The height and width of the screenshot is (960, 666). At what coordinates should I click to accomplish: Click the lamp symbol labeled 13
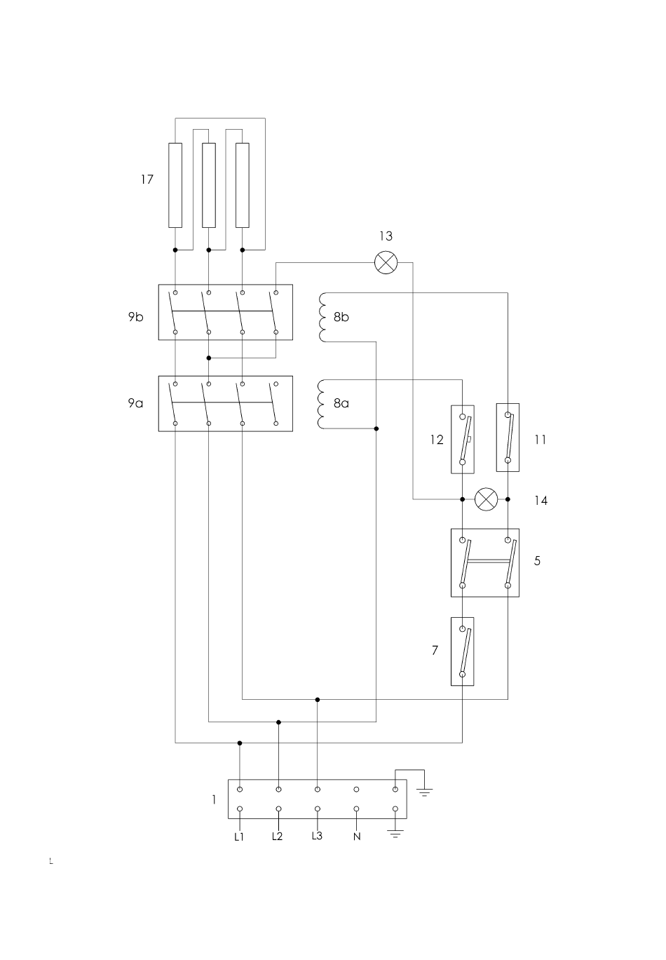coord(386,263)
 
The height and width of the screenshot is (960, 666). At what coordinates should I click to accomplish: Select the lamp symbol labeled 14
coord(486,499)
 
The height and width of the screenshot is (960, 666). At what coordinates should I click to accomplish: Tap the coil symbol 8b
coord(323,317)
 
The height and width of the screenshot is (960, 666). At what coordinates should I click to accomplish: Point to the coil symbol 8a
coord(323,404)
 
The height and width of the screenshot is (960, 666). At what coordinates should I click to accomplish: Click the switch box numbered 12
coord(463,439)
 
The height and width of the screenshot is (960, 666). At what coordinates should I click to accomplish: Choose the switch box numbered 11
coord(508,438)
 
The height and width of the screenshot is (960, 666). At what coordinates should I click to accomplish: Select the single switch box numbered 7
coord(463,651)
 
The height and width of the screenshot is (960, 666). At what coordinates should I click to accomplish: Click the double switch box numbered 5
coord(485,562)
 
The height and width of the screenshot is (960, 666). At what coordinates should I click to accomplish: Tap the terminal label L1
coord(239,837)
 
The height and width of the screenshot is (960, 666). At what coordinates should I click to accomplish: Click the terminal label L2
coord(278,837)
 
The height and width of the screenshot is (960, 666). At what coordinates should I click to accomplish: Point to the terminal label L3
coord(317,836)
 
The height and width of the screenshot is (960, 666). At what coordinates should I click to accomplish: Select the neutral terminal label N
coord(357,837)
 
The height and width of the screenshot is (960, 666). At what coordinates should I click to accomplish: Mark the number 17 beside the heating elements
coord(147,180)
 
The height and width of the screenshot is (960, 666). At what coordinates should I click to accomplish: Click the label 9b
coord(135,316)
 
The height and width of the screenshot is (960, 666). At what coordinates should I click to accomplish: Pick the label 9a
coord(135,403)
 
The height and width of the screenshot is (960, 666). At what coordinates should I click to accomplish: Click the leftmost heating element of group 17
coord(175,185)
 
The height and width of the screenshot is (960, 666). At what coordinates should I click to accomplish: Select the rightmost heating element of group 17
coord(243,185)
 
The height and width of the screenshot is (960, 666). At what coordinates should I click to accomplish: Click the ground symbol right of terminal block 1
coord(424,792)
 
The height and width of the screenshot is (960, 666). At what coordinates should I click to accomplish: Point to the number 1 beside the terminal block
coord(215,799)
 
